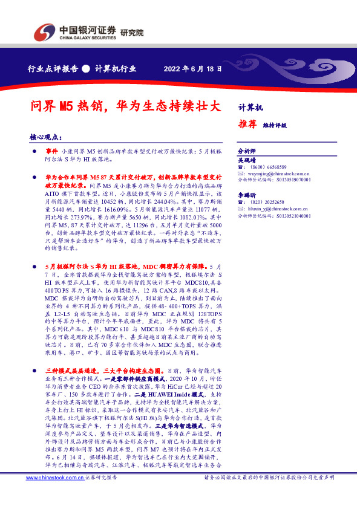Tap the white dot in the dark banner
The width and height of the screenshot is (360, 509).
[x=86, y=68]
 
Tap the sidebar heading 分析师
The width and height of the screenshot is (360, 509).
[x=247, y=151]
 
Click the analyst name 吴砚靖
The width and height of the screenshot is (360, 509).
[x=247, y=160]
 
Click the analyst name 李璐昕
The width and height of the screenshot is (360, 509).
[x=247, y=196]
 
